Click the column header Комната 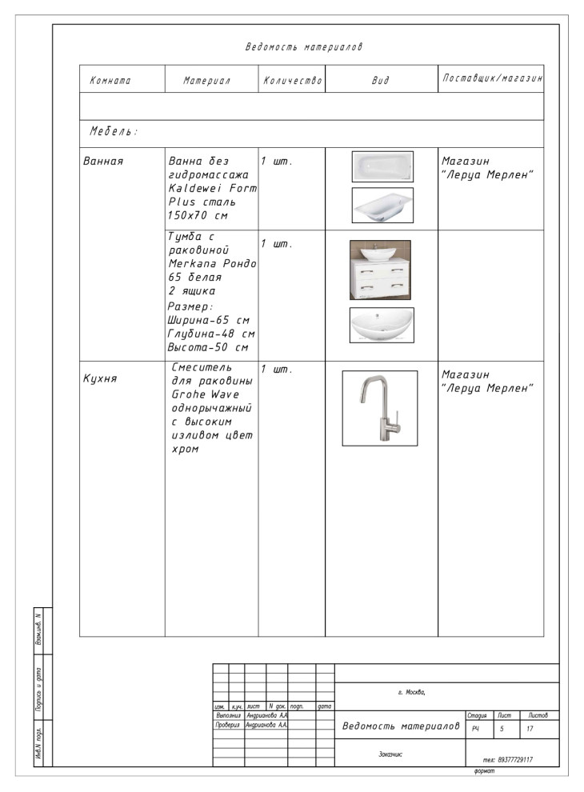click(110, 81)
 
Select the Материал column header click(206, 81)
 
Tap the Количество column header click(292, 81)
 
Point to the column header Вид click(381, 81)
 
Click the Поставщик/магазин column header click(491, 80)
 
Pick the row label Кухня click(101, 378)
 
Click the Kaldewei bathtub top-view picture click(382, 166)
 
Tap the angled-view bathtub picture click(382, 205)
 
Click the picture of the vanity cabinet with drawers click(380, 270)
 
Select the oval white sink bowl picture click(382, 325)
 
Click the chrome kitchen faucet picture click(379, 408)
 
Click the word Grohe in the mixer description click(188, 394)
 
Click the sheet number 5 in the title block click(502, 729)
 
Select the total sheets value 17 click(530, 729)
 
